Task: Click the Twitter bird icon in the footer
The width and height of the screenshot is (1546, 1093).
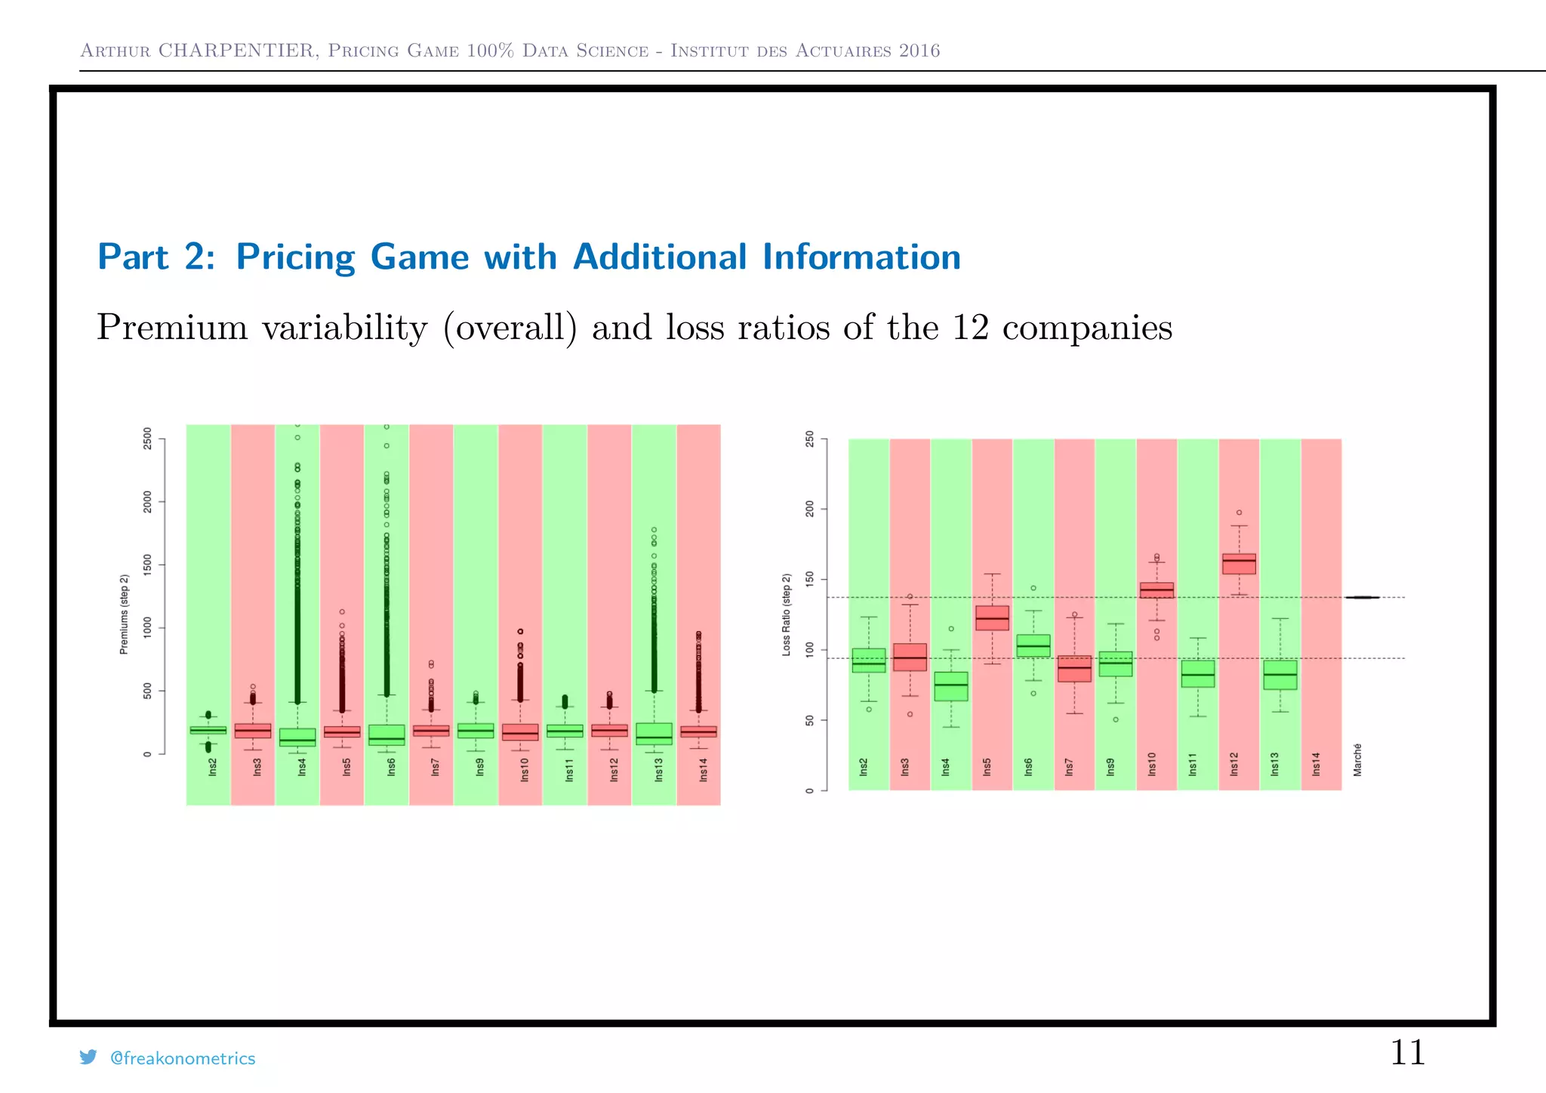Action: [88, 1058]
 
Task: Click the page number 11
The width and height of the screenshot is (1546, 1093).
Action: [1407, 1052]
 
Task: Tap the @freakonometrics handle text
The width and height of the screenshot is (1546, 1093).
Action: [183, 1058]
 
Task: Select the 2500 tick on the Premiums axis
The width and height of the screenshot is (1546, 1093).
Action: [147, 439]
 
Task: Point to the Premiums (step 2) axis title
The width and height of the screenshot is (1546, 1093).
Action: [125, 614]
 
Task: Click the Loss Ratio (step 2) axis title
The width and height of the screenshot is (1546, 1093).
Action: [787, 614]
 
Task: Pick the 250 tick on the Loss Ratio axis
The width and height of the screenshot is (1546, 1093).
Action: [810, 439]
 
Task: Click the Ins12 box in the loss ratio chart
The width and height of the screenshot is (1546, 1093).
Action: [1239, 564]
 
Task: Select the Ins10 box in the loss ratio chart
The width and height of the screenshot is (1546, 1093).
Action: [1156, 590]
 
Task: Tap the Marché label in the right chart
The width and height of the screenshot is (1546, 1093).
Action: [1357, 759]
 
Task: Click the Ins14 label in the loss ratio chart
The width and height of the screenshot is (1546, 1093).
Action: [1317, 764]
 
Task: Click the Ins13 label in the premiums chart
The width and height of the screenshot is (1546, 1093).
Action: [658, 770]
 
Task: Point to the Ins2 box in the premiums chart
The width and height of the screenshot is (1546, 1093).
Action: [208, 730]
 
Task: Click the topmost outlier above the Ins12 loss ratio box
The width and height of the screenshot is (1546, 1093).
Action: [1239, 513]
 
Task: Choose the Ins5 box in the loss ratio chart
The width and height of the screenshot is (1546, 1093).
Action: [992, 617]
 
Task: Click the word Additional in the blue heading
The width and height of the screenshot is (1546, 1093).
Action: [660, 257]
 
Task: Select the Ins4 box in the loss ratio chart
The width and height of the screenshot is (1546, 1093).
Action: [951, 686]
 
